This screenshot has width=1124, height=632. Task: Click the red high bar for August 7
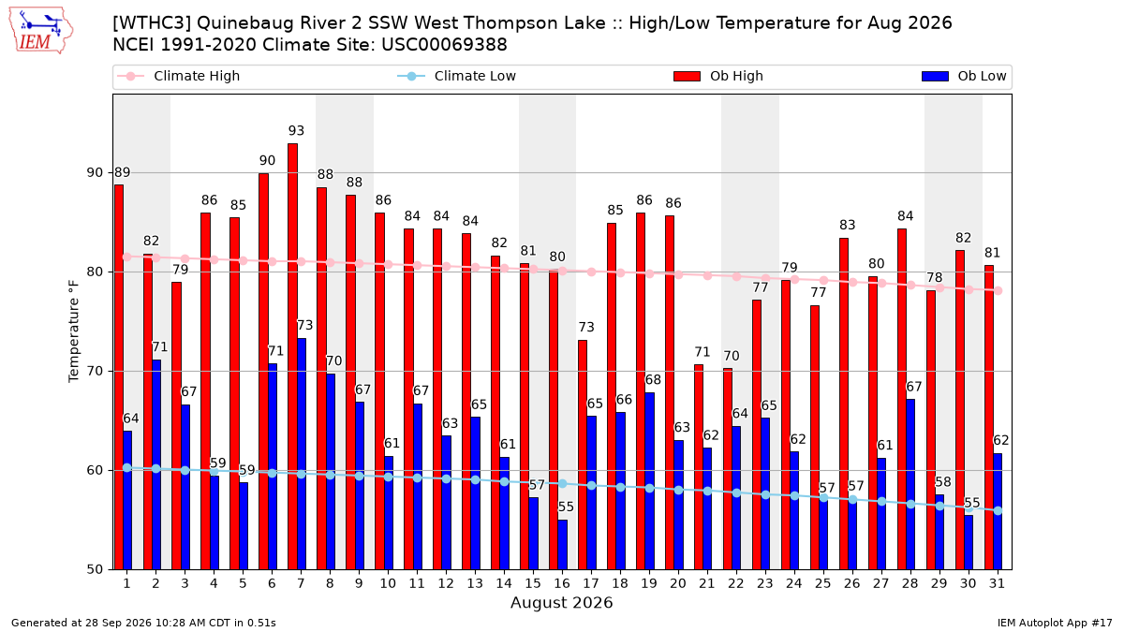point(292,357)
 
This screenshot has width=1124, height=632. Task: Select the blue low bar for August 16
point(563,545)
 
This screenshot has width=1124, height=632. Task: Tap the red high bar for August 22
point(728,469)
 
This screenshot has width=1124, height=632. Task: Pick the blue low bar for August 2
point(156,464)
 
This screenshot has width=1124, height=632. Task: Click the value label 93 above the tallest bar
point(296,131)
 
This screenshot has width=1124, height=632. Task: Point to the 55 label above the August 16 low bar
point(566,507)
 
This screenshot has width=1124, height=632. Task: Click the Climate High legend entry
point(179,76)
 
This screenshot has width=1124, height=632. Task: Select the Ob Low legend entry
point(964,76)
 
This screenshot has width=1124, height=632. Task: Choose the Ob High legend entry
point(718,76)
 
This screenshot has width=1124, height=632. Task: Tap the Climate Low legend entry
point(457,76)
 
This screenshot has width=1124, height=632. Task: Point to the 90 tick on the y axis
point(95,173)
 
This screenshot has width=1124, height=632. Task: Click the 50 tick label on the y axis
point(95,570)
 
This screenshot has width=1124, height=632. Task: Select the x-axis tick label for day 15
point(533,584)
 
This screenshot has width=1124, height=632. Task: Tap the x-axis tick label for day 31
point(997,584)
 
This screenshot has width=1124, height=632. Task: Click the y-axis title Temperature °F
point(74,331)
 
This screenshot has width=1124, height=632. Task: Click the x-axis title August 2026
point(561,602)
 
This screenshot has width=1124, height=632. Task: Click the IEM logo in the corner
point(40,31)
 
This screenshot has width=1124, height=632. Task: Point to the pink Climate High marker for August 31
point(998,291)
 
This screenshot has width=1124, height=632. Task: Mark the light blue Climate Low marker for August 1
point(127,467)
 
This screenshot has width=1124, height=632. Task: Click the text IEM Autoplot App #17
point(1055,623)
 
